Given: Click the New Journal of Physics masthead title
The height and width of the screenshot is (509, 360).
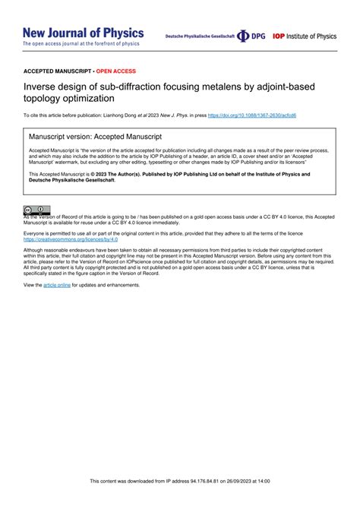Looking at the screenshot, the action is click(x=83, y=33).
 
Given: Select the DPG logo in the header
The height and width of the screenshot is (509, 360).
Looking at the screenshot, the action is click(x=252, y=36).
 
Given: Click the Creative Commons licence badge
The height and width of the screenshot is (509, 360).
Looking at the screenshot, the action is click(x=36, y=210).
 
